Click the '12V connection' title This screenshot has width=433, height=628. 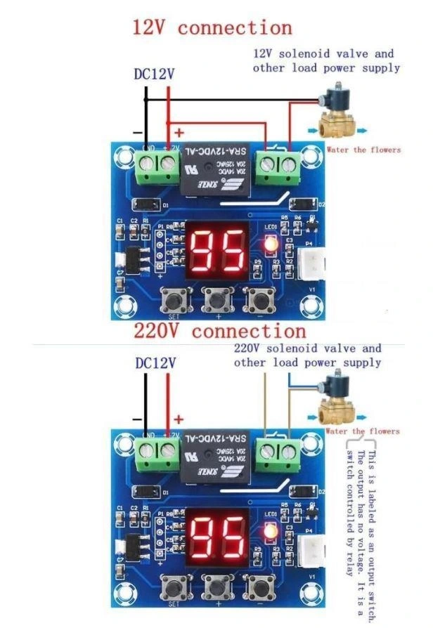click(x=212, y=28)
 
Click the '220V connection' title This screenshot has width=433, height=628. click(x=220, y=331)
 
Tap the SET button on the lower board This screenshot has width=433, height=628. click(x=173, y=585)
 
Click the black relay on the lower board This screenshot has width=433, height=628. click(x=215, y=457)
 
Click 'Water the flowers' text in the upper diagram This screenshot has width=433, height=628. click(x=363, y=150)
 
